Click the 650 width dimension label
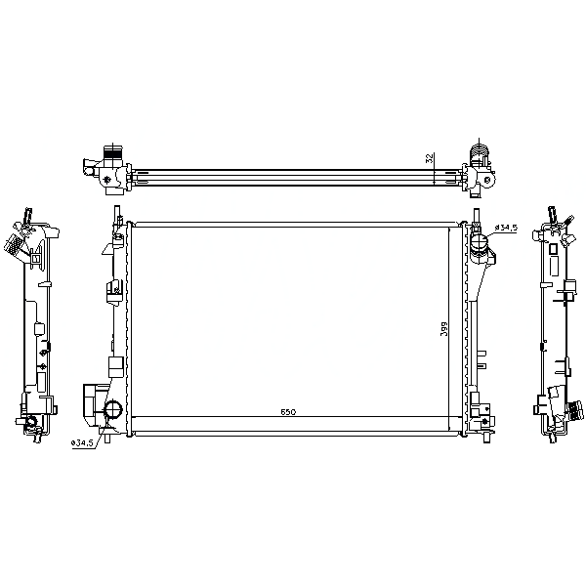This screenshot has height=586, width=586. pos(288,412)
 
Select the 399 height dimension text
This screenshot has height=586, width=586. pos(443,329)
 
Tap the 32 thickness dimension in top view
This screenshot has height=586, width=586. pos(430,158)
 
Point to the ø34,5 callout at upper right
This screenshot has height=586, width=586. pos(506,228)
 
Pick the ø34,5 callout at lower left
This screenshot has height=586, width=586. pos(82,442)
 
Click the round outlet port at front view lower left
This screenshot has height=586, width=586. pos(113,409)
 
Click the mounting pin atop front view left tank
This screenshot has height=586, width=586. pos(116,211)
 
